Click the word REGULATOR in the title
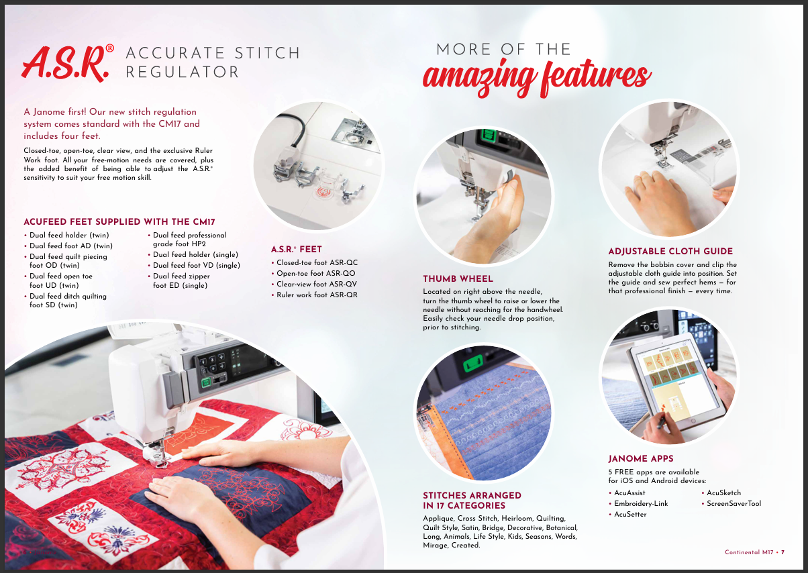click(182, 72)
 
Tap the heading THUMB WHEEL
click(458, 278)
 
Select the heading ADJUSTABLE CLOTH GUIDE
click(670, 252)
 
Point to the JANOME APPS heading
click(641, 459)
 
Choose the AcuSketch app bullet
click(721, 492)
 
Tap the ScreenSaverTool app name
click(734, 503)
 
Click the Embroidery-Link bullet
click(638, 503)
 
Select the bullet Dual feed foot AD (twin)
click(68, 246)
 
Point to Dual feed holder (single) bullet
click(193, 254)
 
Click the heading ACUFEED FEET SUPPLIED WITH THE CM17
click(119, 222)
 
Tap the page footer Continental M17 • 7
click(754, 552)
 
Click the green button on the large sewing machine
click(206, 382)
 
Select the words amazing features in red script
click(537, 78)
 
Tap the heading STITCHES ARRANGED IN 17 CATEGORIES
click(472, 501)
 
